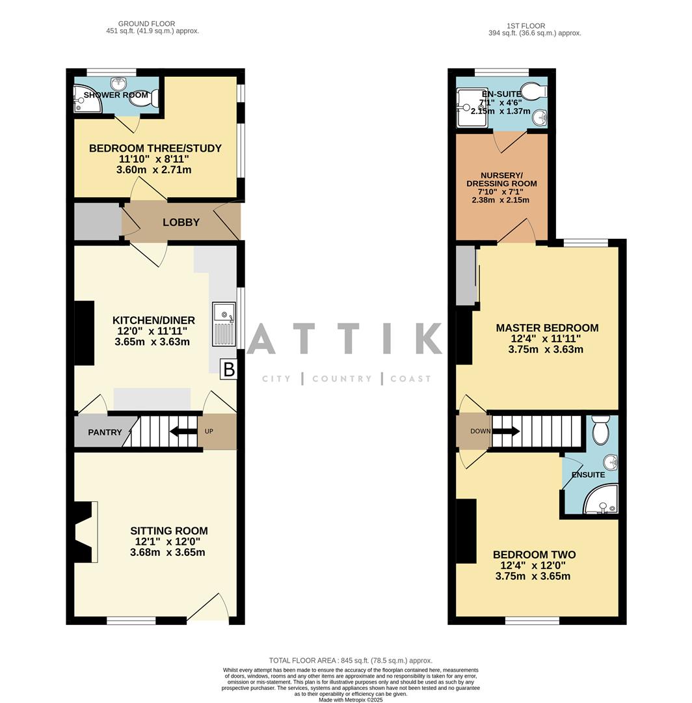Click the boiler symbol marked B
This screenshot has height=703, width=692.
coord(228,370)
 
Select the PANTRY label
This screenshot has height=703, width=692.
coord(105,432)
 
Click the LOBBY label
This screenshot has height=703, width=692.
coord(181,223)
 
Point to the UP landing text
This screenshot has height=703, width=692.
coord(209,432)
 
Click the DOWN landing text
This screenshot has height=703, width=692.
coord(481,431)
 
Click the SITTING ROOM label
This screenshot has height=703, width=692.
coord(168,531)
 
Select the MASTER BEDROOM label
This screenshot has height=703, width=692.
coord(546,328)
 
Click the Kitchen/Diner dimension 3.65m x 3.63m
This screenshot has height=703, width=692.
coord(152,342)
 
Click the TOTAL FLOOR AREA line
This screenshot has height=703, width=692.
coord(351,661)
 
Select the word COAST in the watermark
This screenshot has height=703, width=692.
coord(410,379)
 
